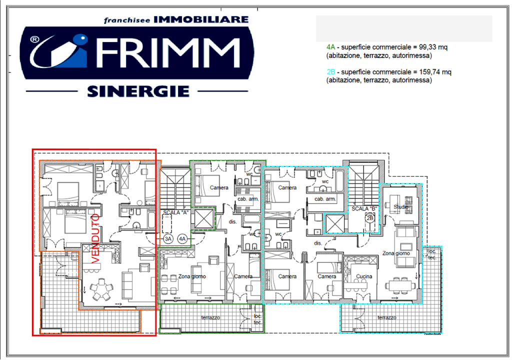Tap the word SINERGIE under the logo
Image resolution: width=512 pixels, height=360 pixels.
tap(137, 91)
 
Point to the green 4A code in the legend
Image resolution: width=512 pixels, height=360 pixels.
tap(329, 47)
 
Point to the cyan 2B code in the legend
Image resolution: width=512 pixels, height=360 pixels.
tap(329, 72)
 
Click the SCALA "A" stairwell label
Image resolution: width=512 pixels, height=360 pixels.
tap(174, 212)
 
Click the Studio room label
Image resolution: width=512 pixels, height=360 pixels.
tap(400, 206)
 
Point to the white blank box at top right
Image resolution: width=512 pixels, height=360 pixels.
tap(404, 28)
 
